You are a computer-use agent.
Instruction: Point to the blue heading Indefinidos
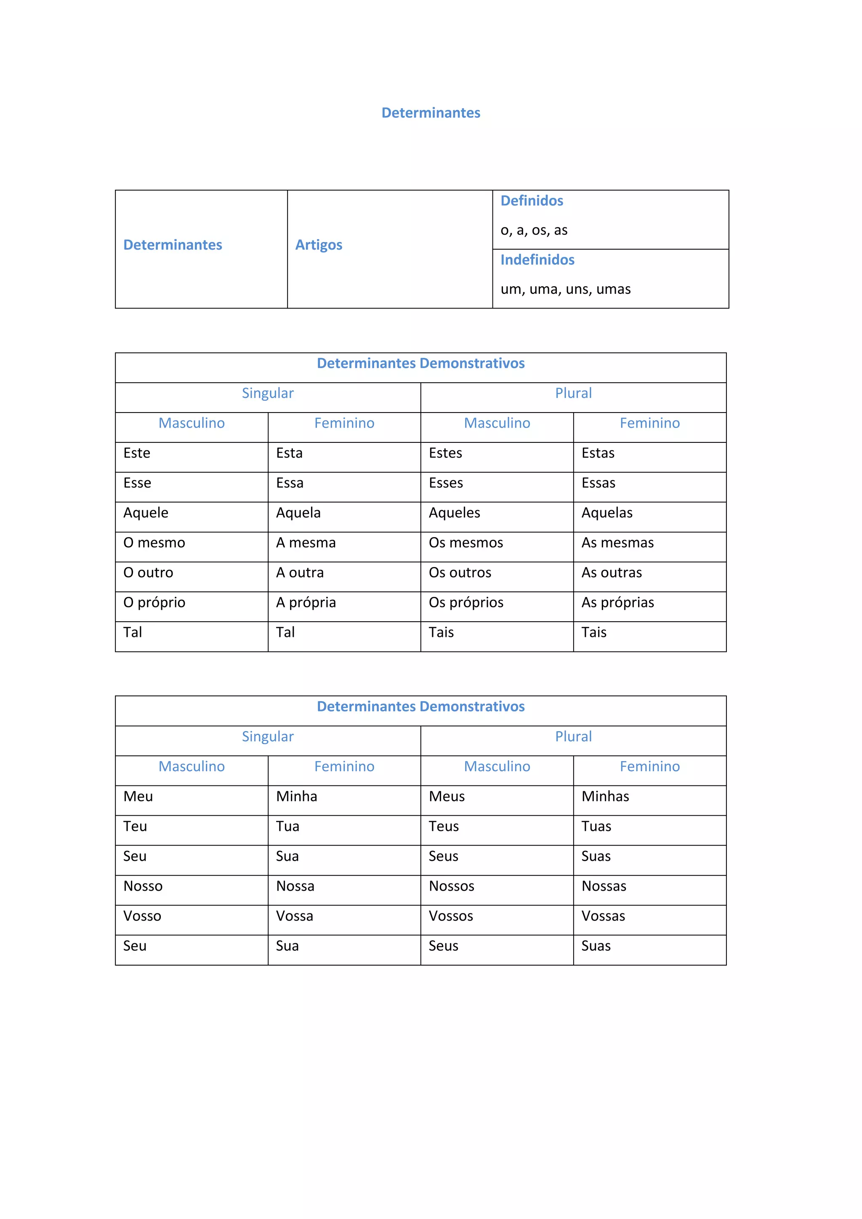point(537,260)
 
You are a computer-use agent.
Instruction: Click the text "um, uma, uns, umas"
point(565,289)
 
